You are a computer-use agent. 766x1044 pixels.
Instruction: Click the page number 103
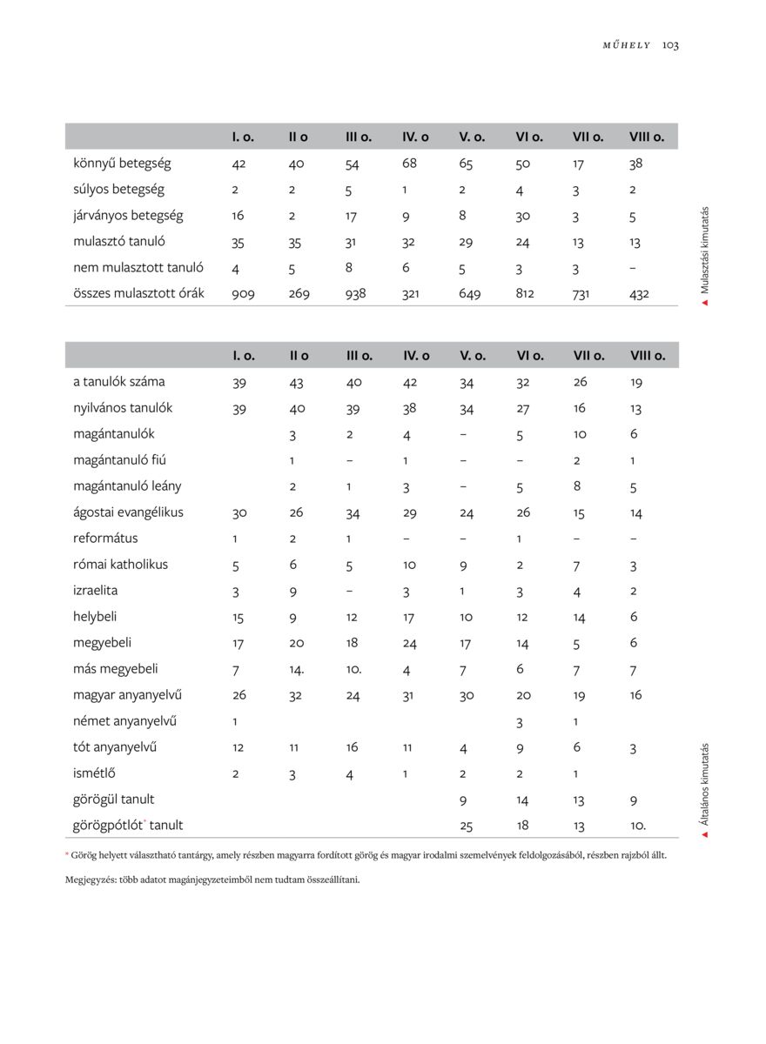tap(670, 45)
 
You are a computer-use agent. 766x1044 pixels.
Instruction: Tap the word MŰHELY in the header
tap(627, 45)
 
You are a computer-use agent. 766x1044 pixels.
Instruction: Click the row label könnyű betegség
tap(122, 163)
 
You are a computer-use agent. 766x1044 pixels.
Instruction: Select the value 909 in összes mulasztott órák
tap(243, 294)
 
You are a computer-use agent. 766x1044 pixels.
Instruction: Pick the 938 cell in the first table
tap(355, 294)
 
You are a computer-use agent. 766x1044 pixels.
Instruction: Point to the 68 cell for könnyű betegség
tap(410, 163)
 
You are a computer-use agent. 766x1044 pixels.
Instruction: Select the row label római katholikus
tap(120, 565)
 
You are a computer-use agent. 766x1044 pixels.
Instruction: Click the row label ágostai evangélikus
tap(128, 512)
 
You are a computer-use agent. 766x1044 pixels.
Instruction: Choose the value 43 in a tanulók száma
tap(296, 382)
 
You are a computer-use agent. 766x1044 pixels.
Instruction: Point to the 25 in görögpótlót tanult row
tap(467, 826)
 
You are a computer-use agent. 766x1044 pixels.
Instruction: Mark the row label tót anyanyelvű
tap(115, 747)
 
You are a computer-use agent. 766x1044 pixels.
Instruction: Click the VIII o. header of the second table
tap(648, 355)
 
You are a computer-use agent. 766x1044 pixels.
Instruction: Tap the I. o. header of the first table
tap(243, 137)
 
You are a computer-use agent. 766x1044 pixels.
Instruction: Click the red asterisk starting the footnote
tap(67, 855)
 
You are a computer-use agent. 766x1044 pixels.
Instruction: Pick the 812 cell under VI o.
tap(524, 294)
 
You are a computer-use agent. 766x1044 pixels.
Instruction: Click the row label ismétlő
tap(95, 773)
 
